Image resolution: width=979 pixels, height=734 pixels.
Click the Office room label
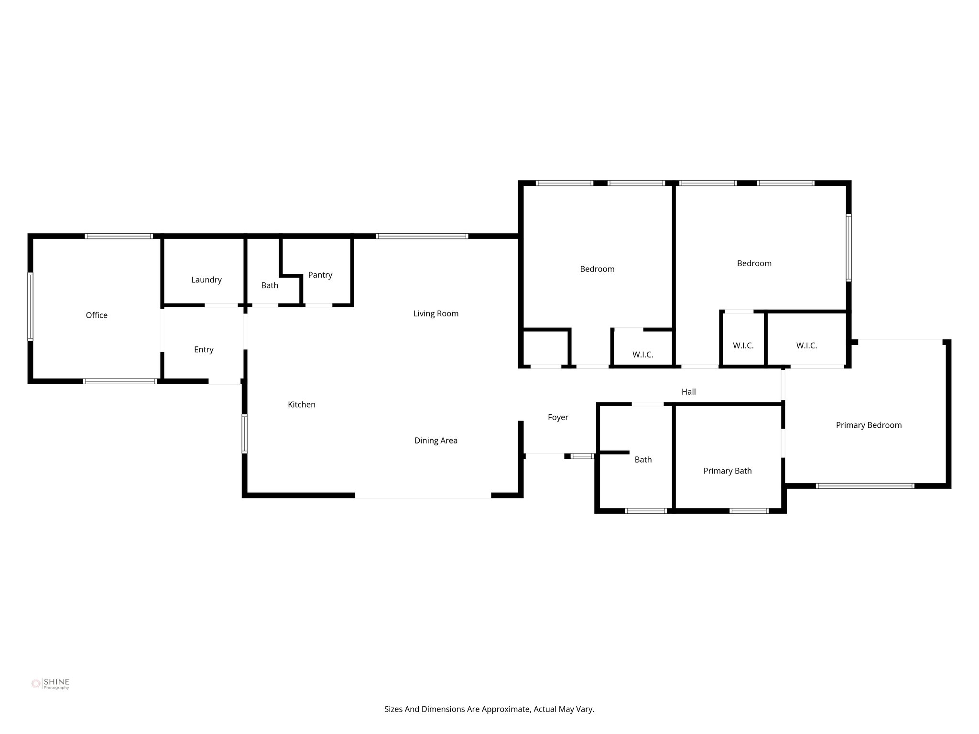[x=97, y=315]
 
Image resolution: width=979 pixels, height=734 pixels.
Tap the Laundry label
[x=206, y=280]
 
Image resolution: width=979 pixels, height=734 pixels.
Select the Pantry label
[x=320, y=275]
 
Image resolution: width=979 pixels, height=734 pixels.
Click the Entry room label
[x=204, y=350]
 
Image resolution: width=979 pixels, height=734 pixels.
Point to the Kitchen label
[x=301, y=405]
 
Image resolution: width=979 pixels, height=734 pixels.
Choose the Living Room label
[x=435, y=314]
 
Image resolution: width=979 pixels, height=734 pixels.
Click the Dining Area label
[x=435, y=441]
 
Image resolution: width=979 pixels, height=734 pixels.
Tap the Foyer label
[x=558, y=418]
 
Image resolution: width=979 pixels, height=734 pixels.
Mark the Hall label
[x=688, y=392]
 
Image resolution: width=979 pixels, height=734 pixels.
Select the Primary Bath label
[x=727, y=471]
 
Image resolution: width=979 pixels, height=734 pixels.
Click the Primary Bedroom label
[x=869, y=425]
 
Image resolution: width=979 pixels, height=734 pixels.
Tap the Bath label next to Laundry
[x=270, y=286]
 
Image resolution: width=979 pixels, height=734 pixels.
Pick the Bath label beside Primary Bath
[x=643, y=460]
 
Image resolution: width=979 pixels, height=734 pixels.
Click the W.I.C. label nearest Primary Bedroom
[x=806, y=345]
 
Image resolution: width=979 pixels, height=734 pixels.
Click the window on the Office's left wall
[x=30, y=306]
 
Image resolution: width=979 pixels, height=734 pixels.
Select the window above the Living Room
[x=422, y=236]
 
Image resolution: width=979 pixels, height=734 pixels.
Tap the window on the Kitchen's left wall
[x=245, y=433]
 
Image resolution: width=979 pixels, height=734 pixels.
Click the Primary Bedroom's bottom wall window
[x=865, y=486]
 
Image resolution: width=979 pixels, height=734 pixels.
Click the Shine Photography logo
[x=50, y=684]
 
